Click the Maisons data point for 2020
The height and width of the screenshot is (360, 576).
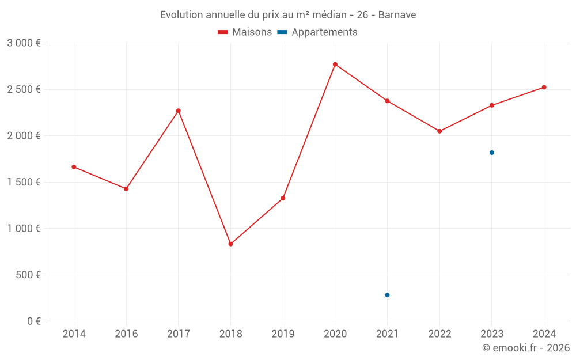click(x=335, y=64)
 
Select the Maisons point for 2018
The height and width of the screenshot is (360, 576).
click(x=230, y=244)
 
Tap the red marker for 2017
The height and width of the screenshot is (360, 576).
click(x=179, y=111)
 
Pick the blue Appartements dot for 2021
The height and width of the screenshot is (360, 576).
click(x=387, y=295)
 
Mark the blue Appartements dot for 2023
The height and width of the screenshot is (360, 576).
click(x=492, y=153)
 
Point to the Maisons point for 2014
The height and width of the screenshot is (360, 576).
click(x=74, y=167)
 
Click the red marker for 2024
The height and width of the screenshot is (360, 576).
click(x=544, y=88)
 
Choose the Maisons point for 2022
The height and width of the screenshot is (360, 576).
click(x=439, y=131)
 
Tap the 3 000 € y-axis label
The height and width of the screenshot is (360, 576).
click(x=24, y=43)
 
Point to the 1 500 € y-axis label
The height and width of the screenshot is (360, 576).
click(x=24, y=182)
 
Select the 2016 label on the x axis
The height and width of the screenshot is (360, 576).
click(x=126, y=334)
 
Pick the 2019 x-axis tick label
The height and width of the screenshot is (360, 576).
click(x=283, y=334)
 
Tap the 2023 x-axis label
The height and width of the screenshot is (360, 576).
click(x=492, y=334)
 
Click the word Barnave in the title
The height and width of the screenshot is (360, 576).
click(x=397, y=14)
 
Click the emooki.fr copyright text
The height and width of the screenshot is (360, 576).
click(x=526, y=348)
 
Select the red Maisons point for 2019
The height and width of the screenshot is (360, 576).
click(x=283, y=198)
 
